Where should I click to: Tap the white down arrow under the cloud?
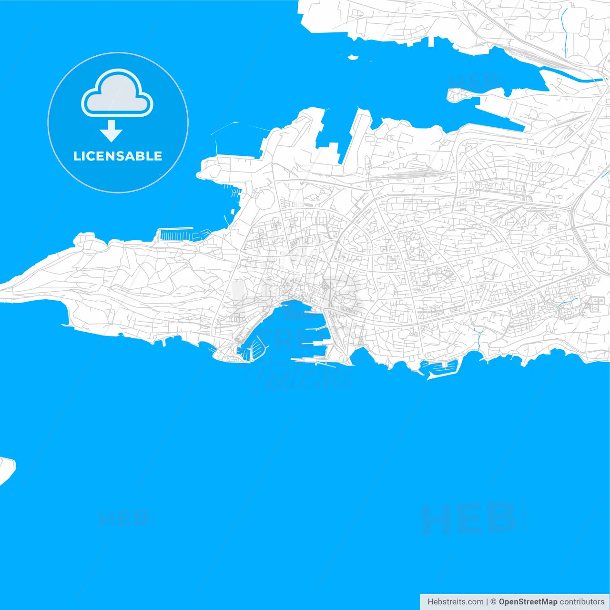click(x=111, y=131)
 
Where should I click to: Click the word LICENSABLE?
click(x=118, y=156)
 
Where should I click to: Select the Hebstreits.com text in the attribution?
click(x=455, y=602)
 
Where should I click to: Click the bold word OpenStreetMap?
click(x=528, y=602)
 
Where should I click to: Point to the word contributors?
click(x=582, y=602)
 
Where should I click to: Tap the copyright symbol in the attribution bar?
click(x=493, y=602)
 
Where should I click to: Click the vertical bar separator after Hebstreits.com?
click(x=487, y=602)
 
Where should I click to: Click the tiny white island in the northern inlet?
click(x=353, y=58)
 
